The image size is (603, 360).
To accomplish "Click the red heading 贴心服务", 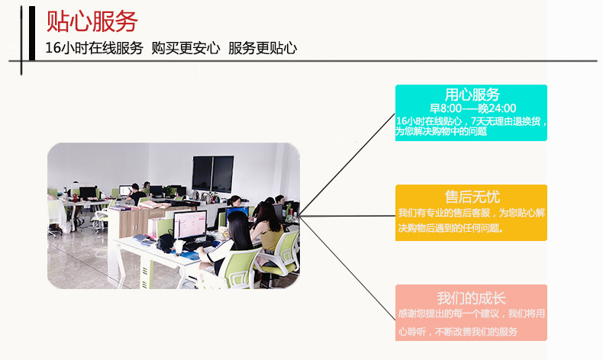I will point(92,20).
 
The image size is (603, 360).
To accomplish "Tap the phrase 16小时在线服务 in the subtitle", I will point(94,47).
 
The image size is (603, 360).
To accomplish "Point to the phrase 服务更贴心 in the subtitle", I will point(263,47).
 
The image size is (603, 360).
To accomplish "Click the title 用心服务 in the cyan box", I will point(472,95).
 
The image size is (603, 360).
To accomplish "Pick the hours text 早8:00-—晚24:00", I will point(472,108).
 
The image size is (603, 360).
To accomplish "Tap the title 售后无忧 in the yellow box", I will point(472,196).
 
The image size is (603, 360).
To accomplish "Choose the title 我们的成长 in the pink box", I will point(472,297).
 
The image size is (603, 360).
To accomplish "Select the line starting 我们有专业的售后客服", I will point(472,213).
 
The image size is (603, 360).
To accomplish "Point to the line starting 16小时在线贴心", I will point(472,121).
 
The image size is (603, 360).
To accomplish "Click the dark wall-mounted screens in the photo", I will point(212,172).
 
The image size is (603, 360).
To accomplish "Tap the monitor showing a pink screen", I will point(189,225).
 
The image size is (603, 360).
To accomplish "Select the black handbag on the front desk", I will point(166,242).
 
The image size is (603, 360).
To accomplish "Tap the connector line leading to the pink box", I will point(347,267).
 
